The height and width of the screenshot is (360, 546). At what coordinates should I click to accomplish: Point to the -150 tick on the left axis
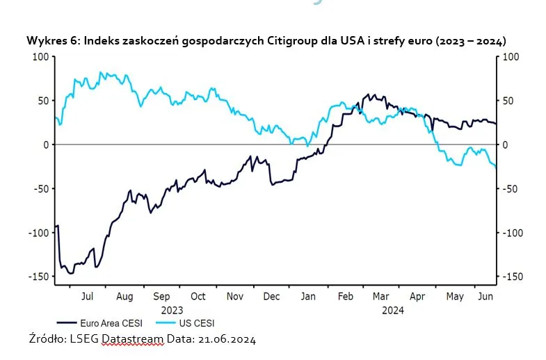click(38, 277)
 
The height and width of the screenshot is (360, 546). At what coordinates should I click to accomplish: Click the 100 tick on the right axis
click(511, 57)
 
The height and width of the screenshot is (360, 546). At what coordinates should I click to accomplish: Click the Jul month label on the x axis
click(88, 297)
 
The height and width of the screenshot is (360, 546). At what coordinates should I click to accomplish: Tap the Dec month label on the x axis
click(272, 297)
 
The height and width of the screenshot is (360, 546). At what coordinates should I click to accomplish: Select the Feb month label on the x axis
click(346, 297)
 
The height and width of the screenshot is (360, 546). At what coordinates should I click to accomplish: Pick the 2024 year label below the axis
click(392, 310)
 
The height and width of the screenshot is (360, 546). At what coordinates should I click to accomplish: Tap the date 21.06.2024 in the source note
click(227, 340)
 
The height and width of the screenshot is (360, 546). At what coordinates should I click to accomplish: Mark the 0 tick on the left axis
click(45, 145)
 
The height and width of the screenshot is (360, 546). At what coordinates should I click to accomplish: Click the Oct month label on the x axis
click(198, 297)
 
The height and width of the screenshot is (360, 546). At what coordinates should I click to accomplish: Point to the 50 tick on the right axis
click(508, 101)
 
